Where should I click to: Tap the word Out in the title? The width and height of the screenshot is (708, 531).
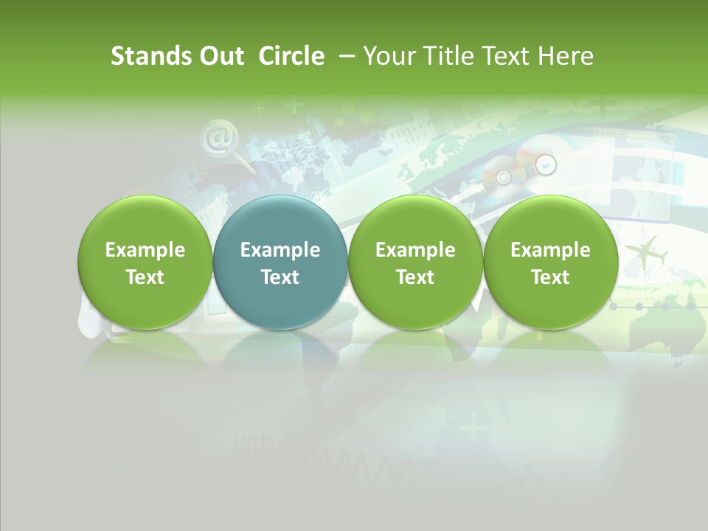(221, 56)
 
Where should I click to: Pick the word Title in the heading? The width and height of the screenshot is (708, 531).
(444, 56)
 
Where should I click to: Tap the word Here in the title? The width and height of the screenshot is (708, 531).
(566, 56)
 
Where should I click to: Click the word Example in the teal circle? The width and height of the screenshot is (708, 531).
(280, 250)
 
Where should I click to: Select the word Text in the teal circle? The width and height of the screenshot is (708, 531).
(280, 277)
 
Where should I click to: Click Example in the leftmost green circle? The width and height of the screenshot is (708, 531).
(145, 250)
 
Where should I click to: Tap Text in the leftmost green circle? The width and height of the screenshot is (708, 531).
(145, 277)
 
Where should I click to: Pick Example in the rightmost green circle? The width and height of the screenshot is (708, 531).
(550, 250)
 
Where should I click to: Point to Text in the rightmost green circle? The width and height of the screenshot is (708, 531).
(550, 277)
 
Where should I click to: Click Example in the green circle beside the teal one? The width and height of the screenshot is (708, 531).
(415, 250)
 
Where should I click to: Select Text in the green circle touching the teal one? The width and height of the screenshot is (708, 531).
(415, 277)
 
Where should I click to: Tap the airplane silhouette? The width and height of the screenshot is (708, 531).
(649, 254)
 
